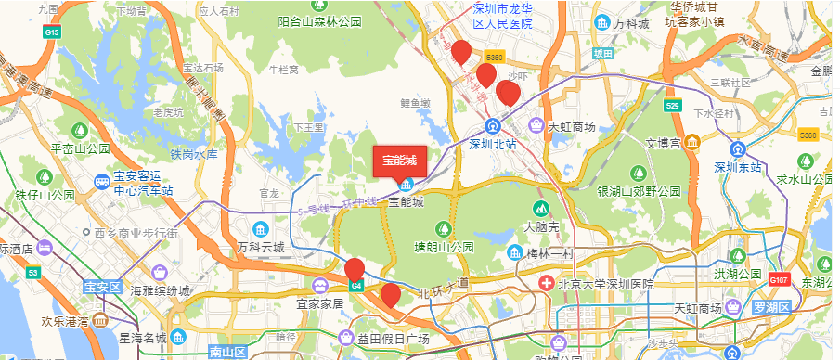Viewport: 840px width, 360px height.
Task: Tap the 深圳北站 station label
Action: click(492, 144)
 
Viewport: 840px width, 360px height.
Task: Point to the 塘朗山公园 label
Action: click(444, 248)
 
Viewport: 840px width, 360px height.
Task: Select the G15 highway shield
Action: click(52, 32)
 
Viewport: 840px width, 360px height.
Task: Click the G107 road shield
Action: click(778, 277)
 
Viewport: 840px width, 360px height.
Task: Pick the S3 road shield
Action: click(33, 273)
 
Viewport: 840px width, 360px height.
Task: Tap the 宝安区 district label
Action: click(102, 288)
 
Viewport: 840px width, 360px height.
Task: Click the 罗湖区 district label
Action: click(770, 307)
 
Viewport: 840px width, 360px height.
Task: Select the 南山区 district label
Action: click(226, 352)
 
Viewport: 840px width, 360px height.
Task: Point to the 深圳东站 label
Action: click(738, 168)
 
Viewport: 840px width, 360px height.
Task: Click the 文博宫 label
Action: click(664, 143)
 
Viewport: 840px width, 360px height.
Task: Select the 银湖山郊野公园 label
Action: click(638, 191)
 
